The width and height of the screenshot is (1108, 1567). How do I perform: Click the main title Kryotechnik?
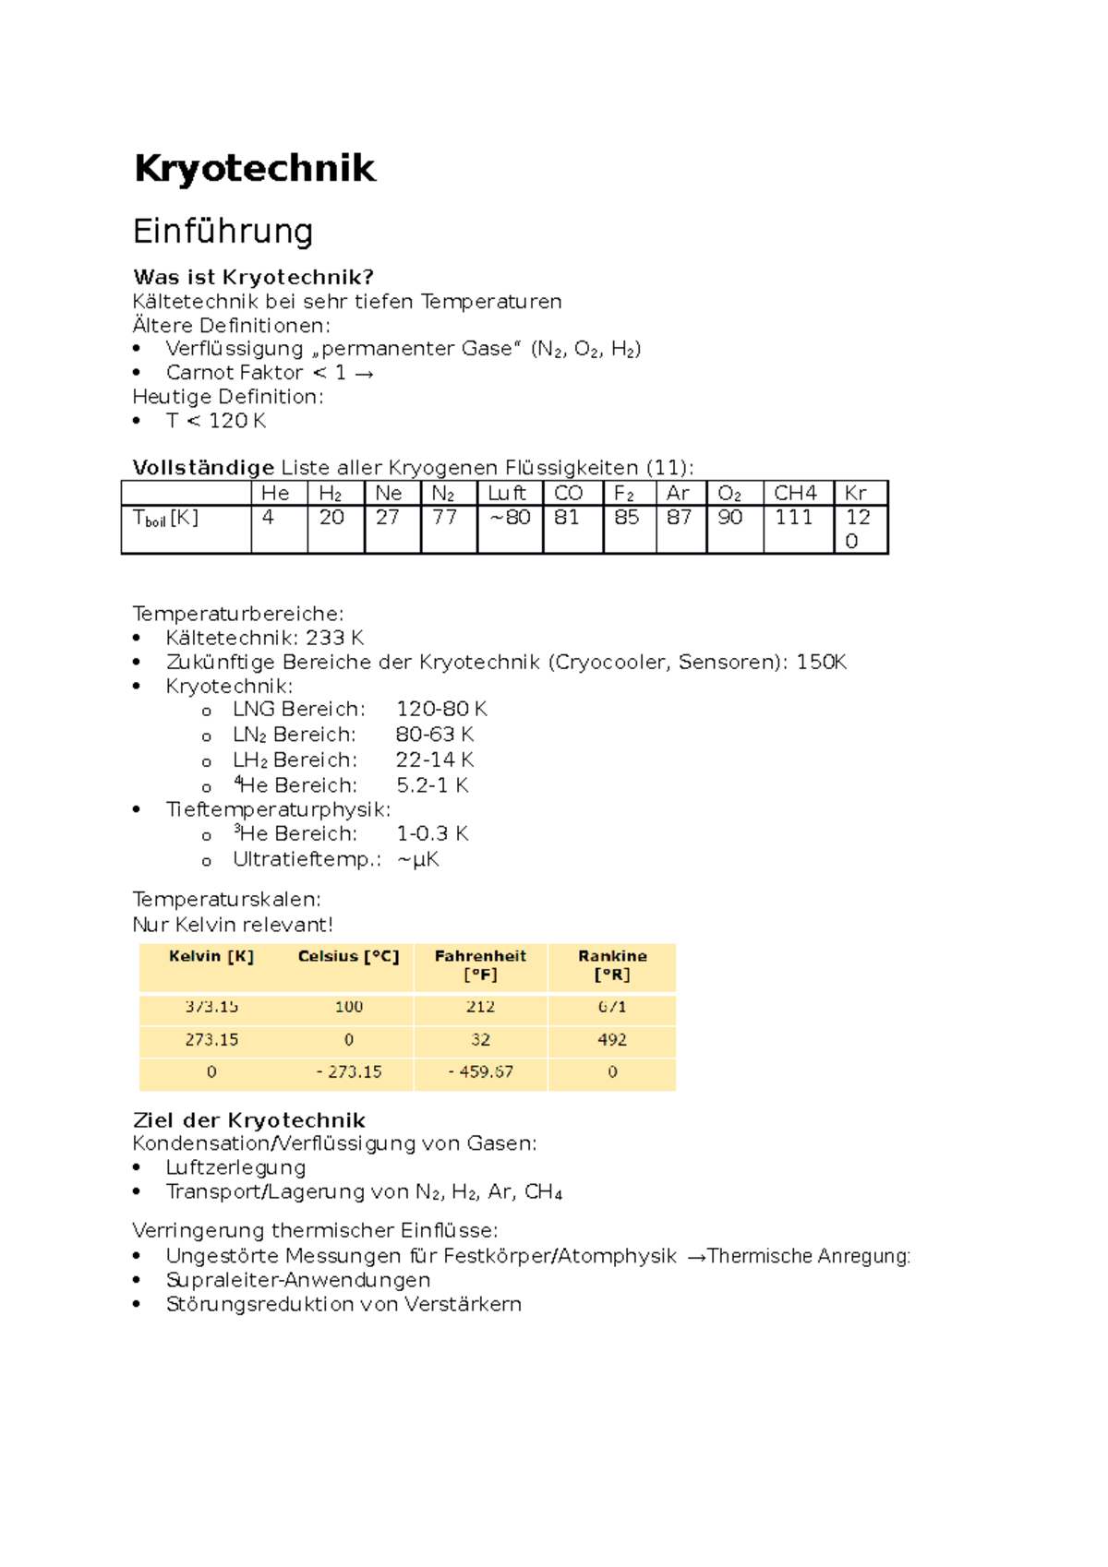pyautogui.click(x=255, y=169)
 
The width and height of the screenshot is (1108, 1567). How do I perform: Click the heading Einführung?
pyautogui.click(x=223, y=231)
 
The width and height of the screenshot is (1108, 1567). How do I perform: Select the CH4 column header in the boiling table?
pyautogui.click(x=795, y=494)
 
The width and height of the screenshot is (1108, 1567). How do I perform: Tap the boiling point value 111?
pyautogui.click(x=793, y=518)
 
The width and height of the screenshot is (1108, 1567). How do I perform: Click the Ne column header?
pyautogui.click(x=389, y=494)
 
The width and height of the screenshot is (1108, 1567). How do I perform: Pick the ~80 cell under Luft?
pyautogui.click(x=510, y=518)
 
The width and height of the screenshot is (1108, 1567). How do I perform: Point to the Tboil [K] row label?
pyautogui.click(x=166, y=519)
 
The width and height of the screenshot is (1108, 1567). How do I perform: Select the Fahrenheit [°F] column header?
pyautogui.click(x=480, y=965)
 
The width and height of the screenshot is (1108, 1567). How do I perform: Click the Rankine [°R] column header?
pyautogui.click(x=612, y=965)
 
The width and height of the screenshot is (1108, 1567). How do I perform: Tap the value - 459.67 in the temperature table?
pyautogui.click(x=481, y=1072)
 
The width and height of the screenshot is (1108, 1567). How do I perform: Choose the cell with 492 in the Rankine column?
pyautogui.click(x=612, y=1040)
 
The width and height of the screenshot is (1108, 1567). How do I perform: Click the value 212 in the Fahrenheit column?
pyautogui.click(x=480, y=1007)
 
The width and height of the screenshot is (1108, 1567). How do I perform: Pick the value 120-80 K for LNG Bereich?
pyautogui.click(x=441, y=710)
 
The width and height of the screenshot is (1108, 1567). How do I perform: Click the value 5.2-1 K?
pyautogui.click(x=432, y=786)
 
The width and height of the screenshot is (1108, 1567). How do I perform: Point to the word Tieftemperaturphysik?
pyautogui.click(x=278, y=810)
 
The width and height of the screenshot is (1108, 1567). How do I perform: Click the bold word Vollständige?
pyautogui.click(x=203, y=468)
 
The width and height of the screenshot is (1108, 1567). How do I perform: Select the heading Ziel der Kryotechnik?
pyautogui.click(x=249, y=1120)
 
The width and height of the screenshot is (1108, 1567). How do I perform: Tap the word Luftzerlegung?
pyautogui.click(x=235, y=1168)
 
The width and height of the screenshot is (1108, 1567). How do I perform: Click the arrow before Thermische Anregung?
pyautogui.click(x=696, y=1257)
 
